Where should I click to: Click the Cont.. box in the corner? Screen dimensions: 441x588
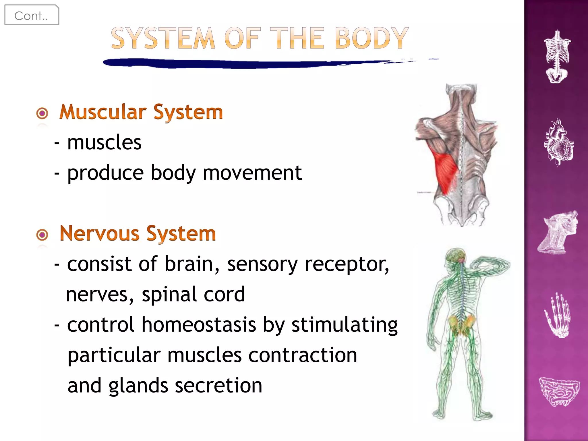[x=32, y=15]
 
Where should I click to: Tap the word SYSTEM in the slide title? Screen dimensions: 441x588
[x=163, y=38]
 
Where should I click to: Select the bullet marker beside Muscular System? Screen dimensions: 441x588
[x=42, y=113]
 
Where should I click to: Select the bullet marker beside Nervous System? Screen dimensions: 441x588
[x=42, y=235]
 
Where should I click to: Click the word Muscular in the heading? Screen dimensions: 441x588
[x=102, y=112]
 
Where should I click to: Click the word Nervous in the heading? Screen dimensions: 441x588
[x=99, y=233]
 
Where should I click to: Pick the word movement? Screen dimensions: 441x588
[x=252, y=173]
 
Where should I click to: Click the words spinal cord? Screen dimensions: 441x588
[x=193, y=294]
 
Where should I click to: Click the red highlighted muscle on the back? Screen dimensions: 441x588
[x=446, y=172]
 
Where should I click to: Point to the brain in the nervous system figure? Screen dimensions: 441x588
[x=456, y=255]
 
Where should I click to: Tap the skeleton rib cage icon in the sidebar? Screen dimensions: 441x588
[x=557, y=57]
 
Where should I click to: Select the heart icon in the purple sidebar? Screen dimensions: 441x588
[x=558, y=142]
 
